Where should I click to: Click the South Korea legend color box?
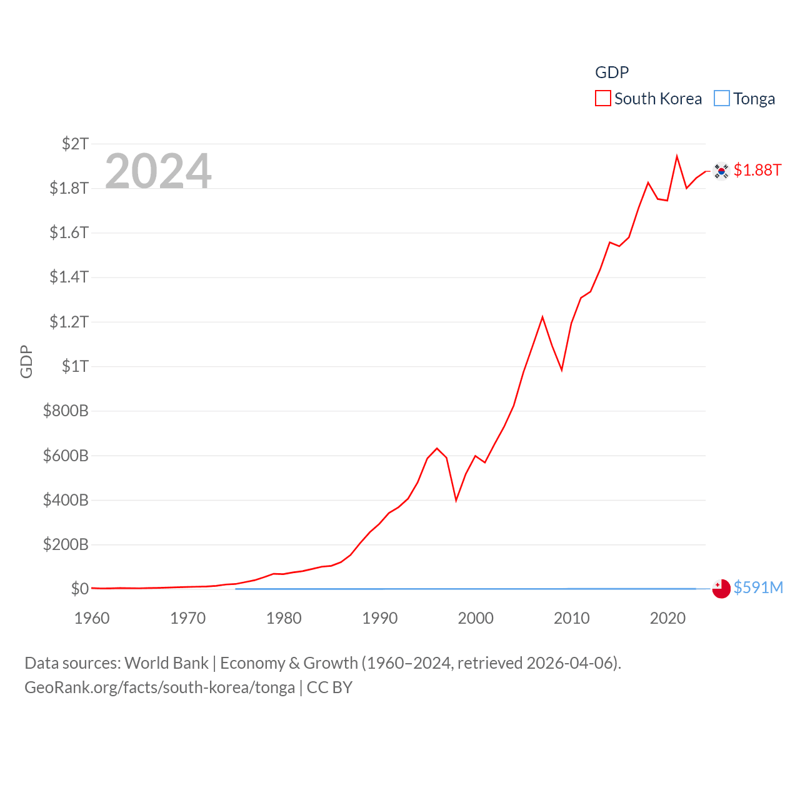click(x=602, y=99)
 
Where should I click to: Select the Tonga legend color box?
click(x=722, y=99)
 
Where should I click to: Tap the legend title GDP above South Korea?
click(x=611, y=72)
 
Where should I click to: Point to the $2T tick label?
click(x=75, y=144)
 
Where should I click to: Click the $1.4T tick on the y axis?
click(x=69, y=277)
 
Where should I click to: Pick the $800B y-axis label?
click(x=66, y=411)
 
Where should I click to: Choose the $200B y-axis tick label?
click(x=66, y=544)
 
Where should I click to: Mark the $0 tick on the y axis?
click(x=80, y=589)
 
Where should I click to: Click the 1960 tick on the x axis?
click(x=92, y=618)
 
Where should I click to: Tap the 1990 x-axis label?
click(x=380, y=618)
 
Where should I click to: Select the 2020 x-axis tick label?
click(x=667, y=618)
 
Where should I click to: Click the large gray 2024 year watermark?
click(x=158, y=171)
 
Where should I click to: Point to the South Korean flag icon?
click(x=721, y=171)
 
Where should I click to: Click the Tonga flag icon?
click(x=721, y=589)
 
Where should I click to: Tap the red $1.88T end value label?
click(x=757, y=170)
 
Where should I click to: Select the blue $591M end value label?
click(x=758, y=587)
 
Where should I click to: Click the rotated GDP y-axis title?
click(x=26, y=361)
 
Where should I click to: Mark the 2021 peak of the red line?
click(x=677, y=156)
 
